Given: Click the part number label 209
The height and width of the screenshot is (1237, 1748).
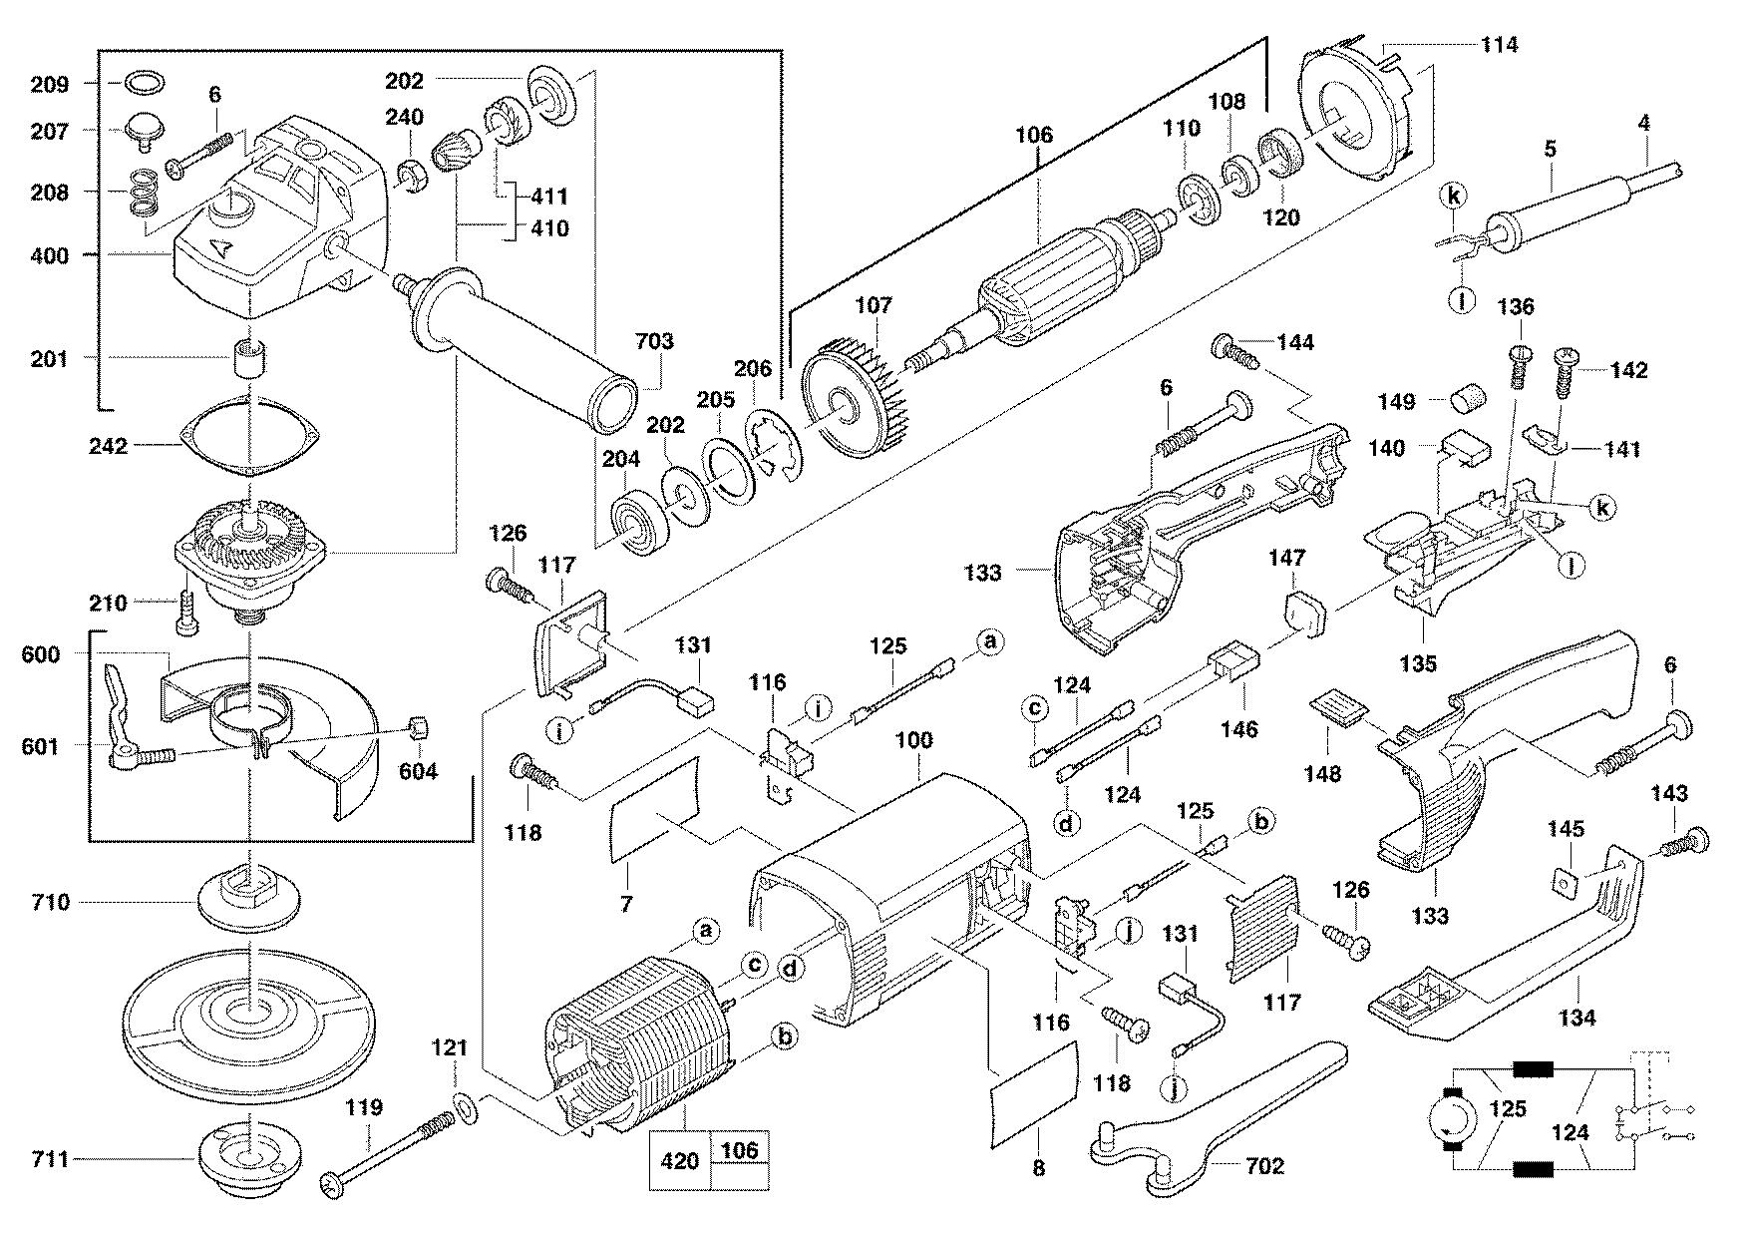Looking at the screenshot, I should tap(48, 84).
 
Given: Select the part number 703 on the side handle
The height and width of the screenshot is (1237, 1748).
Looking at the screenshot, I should tap(653, 342).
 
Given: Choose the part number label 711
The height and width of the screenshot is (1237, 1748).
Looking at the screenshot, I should tap(48, 1159).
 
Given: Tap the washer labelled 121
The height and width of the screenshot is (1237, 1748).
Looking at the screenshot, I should tap(465, 1106).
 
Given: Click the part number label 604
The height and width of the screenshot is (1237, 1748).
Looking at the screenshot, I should tap(418, 771).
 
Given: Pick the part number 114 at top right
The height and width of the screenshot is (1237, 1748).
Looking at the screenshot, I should tap(1498, 44).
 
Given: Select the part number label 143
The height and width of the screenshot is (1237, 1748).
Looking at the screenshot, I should tap(1669, 794).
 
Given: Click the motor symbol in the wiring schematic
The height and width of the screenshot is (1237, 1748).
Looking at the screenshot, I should tap(1445, 1115).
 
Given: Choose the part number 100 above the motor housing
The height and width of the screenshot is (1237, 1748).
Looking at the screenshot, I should tap(913, 740).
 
